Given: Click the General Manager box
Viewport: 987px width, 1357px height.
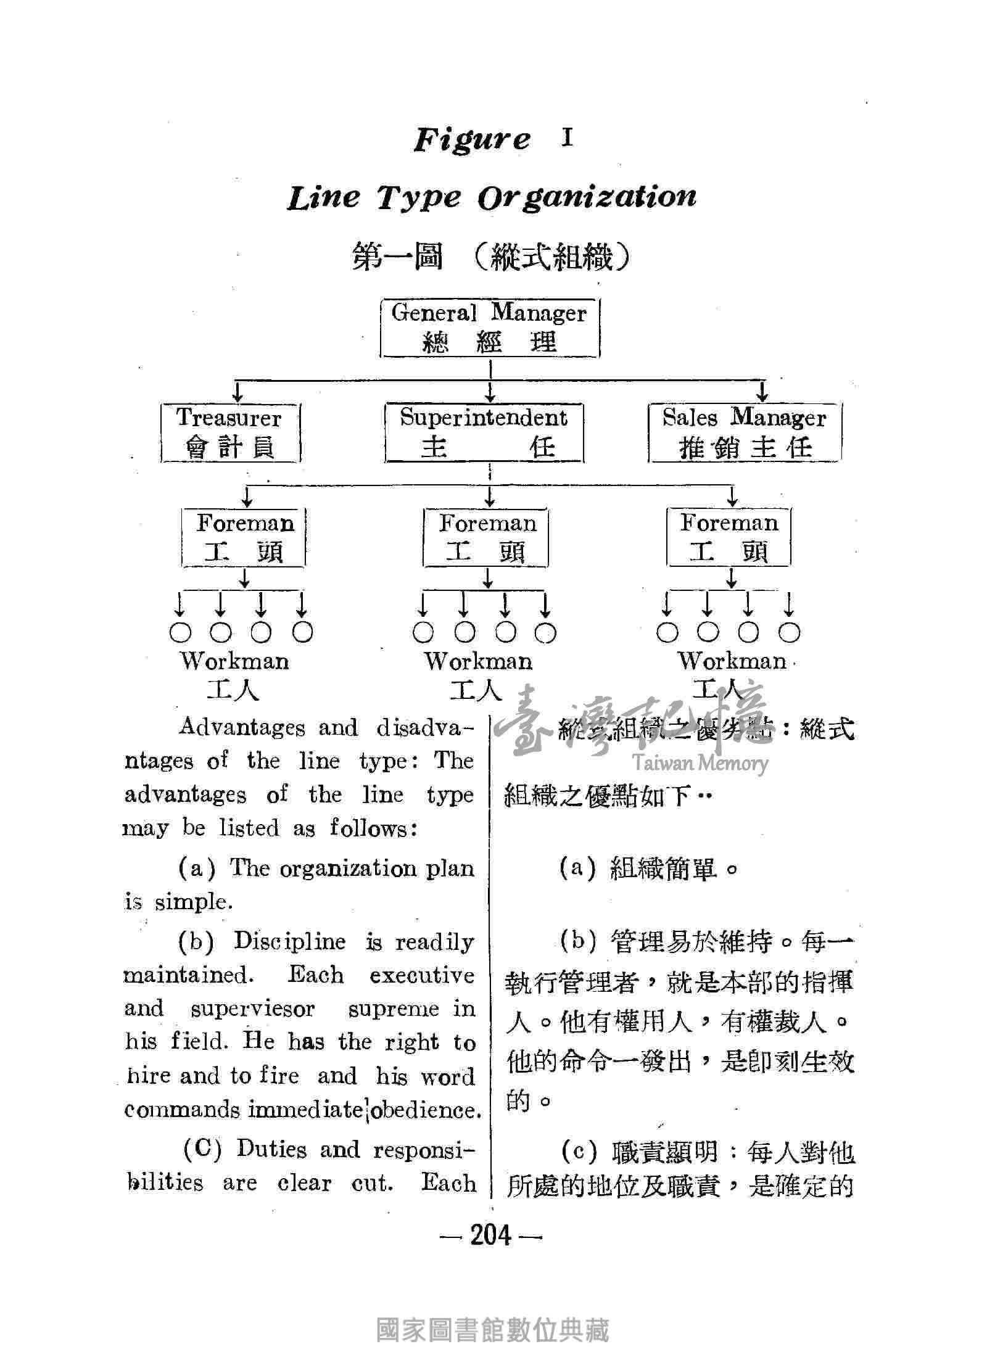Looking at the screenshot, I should pos(490,328).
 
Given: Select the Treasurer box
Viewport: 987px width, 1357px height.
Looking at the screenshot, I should pos(230,432).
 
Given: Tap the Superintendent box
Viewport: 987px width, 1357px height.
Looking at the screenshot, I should pos(484,432).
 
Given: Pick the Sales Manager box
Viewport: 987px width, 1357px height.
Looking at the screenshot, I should pos(745,432).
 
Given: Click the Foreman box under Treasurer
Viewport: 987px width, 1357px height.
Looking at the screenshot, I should pos(244,537).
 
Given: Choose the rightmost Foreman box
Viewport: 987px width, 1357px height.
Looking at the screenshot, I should pos(729,537).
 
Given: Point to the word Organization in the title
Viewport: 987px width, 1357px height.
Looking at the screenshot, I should pos(587,197).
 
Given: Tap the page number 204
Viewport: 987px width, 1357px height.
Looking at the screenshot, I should pos(491,1235).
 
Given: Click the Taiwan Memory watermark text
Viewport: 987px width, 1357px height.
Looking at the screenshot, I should pos(701,764).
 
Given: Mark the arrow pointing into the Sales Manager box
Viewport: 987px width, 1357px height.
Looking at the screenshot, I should pos(762,391).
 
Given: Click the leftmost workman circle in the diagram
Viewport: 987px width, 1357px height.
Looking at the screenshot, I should pos(180,632).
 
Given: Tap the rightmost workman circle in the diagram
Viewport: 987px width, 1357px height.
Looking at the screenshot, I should pos(790,632).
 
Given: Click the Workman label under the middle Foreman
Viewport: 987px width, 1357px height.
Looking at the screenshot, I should pos(478,662).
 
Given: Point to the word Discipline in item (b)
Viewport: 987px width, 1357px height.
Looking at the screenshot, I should pos(290,942).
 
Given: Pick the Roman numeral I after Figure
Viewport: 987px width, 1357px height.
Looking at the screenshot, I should pos(568,138).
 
